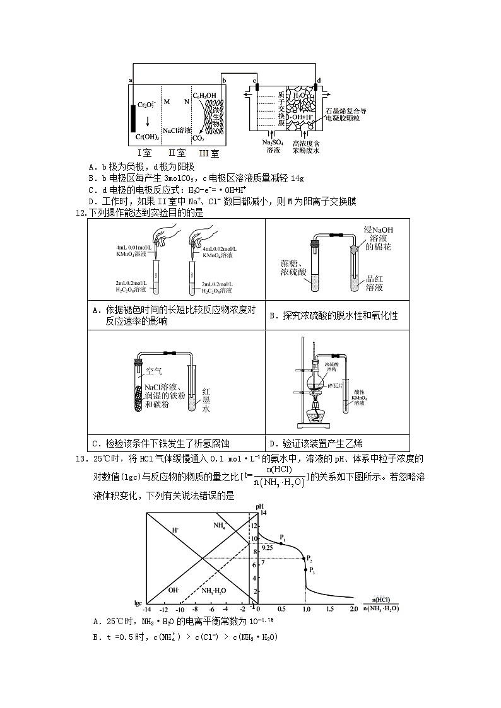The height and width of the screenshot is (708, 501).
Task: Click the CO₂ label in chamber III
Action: point(198,137)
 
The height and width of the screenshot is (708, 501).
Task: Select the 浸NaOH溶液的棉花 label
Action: point(378,238)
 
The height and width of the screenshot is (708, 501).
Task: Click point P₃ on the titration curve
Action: point(306,570)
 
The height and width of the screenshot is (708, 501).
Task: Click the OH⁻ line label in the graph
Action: point(174,590)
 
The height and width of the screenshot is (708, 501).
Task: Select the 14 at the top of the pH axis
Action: point(264,513)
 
